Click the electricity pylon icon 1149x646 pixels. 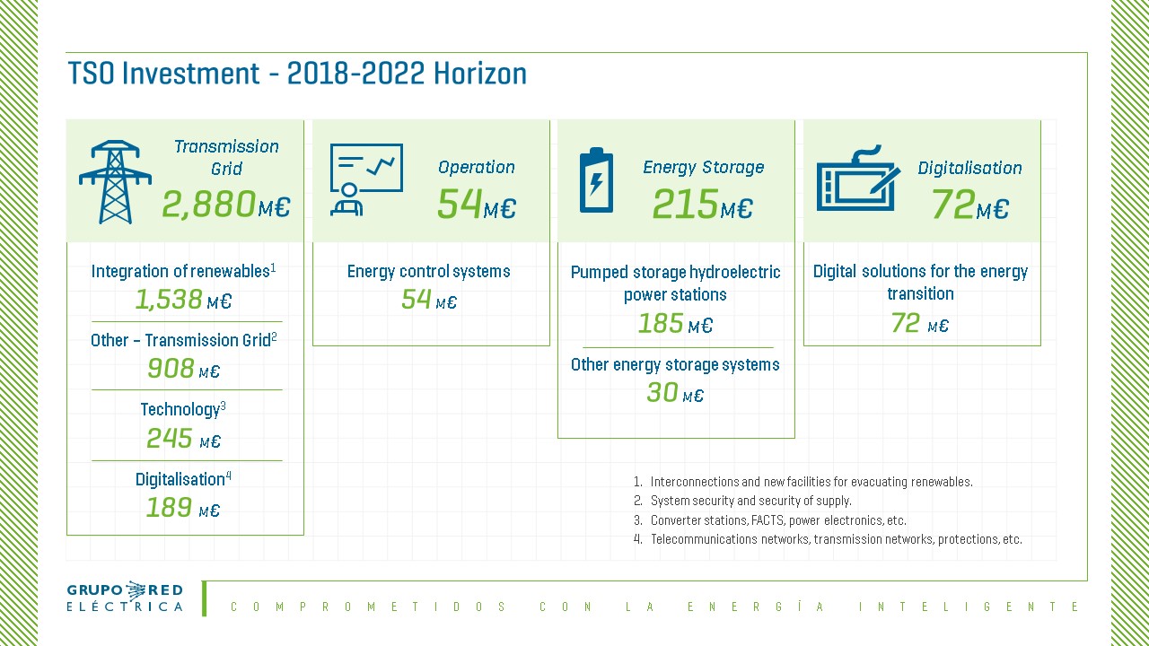click(x=115, y=181)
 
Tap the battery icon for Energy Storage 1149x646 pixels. click(x=596, y=179)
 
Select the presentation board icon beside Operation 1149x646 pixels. click(x=366, y=179)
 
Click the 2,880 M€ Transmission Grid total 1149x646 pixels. click(x=226, y=204)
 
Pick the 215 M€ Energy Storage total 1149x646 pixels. click(x=702, y=204)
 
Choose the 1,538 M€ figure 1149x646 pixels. click(x=183, y=300)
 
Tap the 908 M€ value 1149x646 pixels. click(x=183, y=369)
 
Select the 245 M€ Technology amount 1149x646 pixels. click(x=183, y=439)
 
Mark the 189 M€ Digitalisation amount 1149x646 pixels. click(x=183, y=508)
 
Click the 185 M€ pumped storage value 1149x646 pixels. click(x=675, y=324)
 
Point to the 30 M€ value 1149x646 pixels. click(x=675, y=393)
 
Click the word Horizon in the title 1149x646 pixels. click(x=480, y=74)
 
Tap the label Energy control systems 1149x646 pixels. click(x=429, y=271)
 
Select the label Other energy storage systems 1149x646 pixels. click(x=675, y=364)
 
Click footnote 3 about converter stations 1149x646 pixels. click(x=770, y=520)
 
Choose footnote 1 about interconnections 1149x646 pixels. click(x=803, y=482)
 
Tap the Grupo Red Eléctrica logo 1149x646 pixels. click(x=125, y=598)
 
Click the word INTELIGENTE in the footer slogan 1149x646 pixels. click(x=969, y=607)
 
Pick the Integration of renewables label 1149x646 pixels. click(x=183, y=271)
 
